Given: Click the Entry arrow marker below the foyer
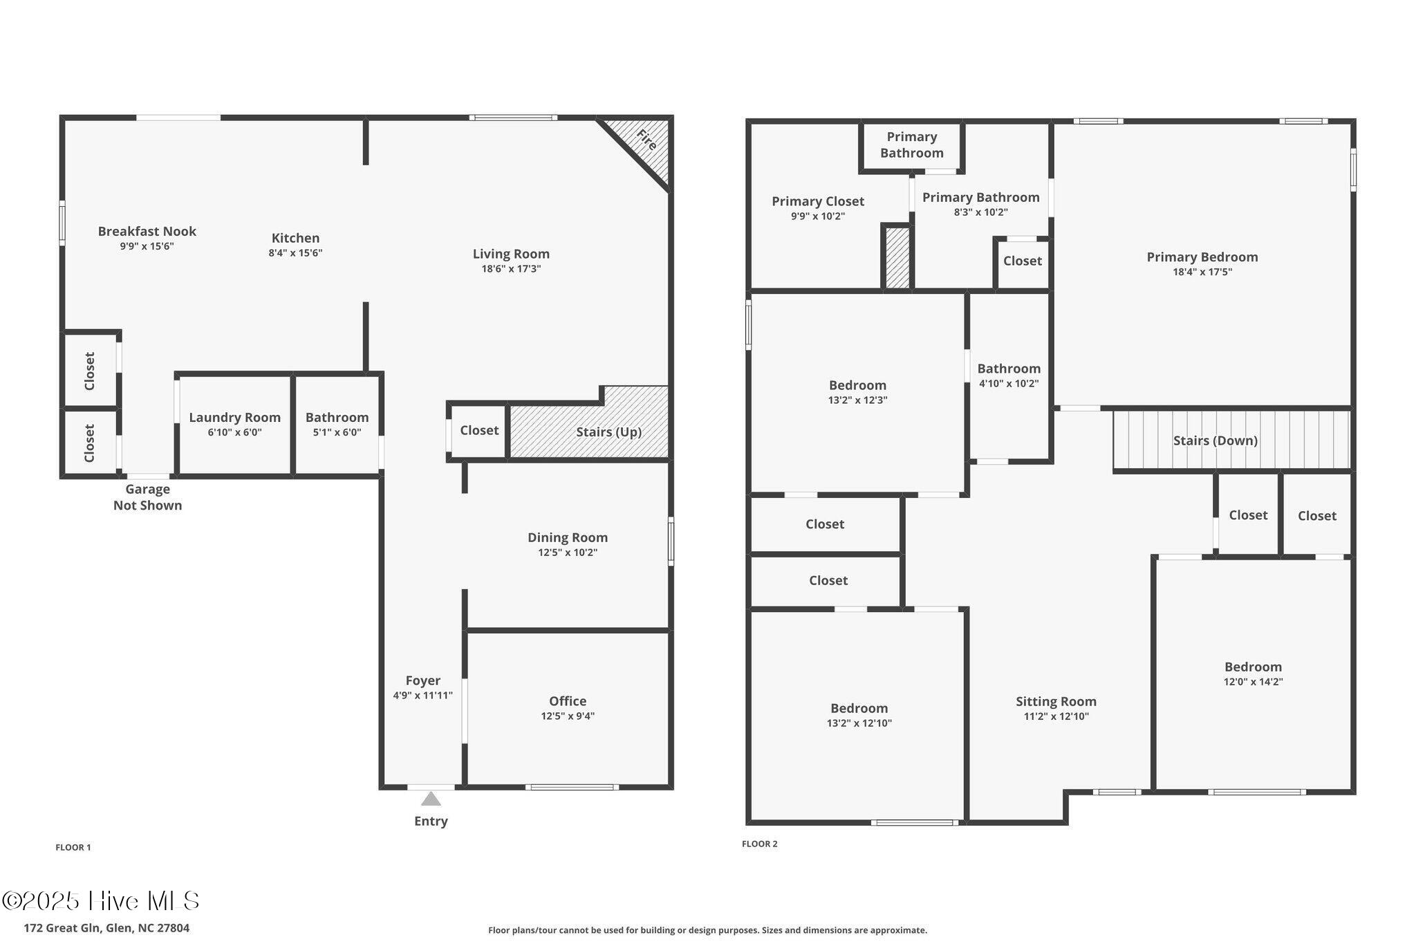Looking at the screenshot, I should coord(431,799).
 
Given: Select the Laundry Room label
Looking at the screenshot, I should coord(234,417).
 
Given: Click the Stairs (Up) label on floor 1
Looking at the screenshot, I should coord(608,432).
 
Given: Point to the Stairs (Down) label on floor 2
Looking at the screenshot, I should coord(1215,441).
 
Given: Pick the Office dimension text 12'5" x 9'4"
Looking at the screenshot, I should coord(568,716).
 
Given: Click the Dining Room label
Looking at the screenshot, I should coord(568,537).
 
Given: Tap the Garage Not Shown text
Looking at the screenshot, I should coord(147,497).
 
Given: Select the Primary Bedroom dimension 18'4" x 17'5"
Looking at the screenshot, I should coord(1202,272).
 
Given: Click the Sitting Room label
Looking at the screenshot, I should coord(1056,701).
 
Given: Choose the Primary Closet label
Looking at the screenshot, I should coord(818,201).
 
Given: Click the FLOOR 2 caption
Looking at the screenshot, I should coord(759,844).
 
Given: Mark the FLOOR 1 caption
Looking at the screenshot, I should coord(73,847).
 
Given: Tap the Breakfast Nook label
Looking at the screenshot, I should coord(147,231).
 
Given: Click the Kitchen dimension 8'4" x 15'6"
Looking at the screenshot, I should coord(295,253).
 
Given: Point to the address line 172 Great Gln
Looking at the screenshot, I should coord(106,928).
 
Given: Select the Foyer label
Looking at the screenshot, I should coord(422,681).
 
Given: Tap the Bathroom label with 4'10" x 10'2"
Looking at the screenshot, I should coord(1009,369).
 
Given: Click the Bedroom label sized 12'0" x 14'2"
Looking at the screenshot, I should coord(1253,667).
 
